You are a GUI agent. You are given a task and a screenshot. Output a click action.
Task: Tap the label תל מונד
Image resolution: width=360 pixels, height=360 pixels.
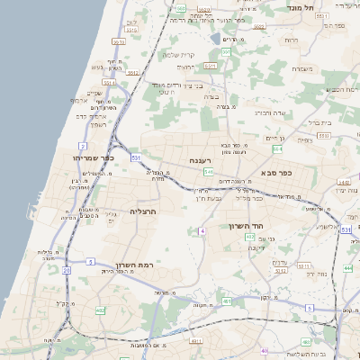tap(302, 7)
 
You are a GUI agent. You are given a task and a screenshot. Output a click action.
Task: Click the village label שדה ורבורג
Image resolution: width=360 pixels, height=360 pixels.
tap(267, 113)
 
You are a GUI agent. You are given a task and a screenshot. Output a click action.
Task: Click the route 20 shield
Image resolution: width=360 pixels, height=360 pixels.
tap(67, 270)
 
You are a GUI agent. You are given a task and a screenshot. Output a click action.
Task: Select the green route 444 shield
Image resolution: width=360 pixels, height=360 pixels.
tap(347, 268)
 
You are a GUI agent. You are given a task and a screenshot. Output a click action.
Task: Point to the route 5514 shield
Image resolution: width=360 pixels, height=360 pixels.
tap(108, 82)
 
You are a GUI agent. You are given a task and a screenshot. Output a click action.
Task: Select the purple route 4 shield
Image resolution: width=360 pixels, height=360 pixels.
tap(203, 231)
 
